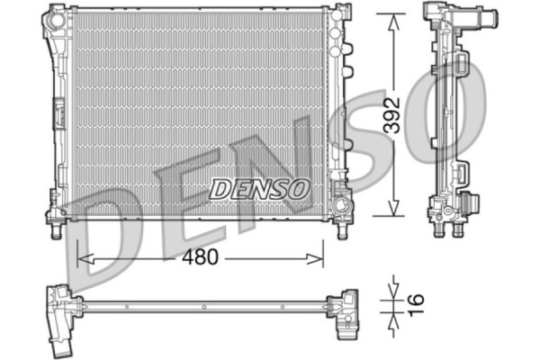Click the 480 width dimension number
(200, 257)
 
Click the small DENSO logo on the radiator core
(260, 188)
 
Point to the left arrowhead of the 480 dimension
(83, 258)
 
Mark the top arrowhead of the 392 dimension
(391, 19)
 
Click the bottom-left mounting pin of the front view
(57, 232)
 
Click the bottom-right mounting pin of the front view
(341, 232)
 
